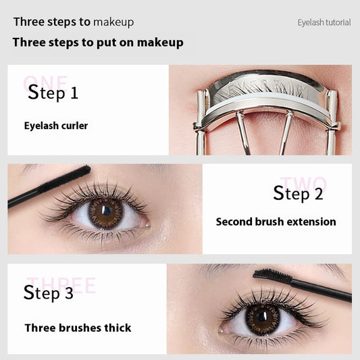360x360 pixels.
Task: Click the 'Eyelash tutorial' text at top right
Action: (x=324, y=22)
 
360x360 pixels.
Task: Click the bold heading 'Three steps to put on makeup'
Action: (x=98, y=43)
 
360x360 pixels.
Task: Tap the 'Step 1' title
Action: (x=53, y=93)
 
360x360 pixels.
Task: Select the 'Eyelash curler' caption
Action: (x=56, y=126)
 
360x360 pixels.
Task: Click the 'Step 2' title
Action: (x=298, y=194)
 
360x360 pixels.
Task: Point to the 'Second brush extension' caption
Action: (x=276, y=222)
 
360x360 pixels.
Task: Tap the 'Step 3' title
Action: (x=49, y=293)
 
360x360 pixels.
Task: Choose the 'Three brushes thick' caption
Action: (x=78, y=328)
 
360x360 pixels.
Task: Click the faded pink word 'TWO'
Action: (x=303, y=184)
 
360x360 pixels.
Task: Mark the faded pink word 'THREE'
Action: (x=61, y=285)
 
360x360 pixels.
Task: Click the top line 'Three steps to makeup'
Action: (x=74, y=22)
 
